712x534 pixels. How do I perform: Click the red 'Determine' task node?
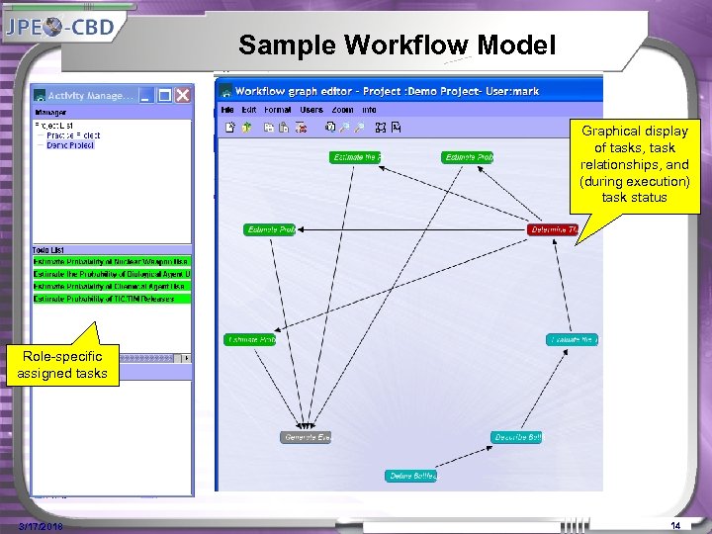coord(553,229)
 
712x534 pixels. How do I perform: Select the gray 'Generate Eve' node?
coord(307,437)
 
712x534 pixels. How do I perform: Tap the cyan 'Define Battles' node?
coord(410,476)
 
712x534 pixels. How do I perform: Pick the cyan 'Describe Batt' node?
coord(516,437)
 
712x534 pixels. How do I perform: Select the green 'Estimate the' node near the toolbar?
coord(355,157)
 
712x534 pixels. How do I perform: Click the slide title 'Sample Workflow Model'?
coord(398,44)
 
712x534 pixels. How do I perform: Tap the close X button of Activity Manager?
coord(183,95)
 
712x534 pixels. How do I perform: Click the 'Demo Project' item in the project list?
coord(69,145)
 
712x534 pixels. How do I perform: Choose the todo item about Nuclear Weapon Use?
coord(111,261)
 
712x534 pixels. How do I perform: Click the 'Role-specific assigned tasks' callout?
coord(61,364)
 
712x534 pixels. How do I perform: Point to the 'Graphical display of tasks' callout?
coord(635,164)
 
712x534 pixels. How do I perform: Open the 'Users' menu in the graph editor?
coord(311,110)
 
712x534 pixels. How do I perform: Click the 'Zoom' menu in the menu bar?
coord(342,110)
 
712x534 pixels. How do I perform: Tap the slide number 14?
coord(676,525)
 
